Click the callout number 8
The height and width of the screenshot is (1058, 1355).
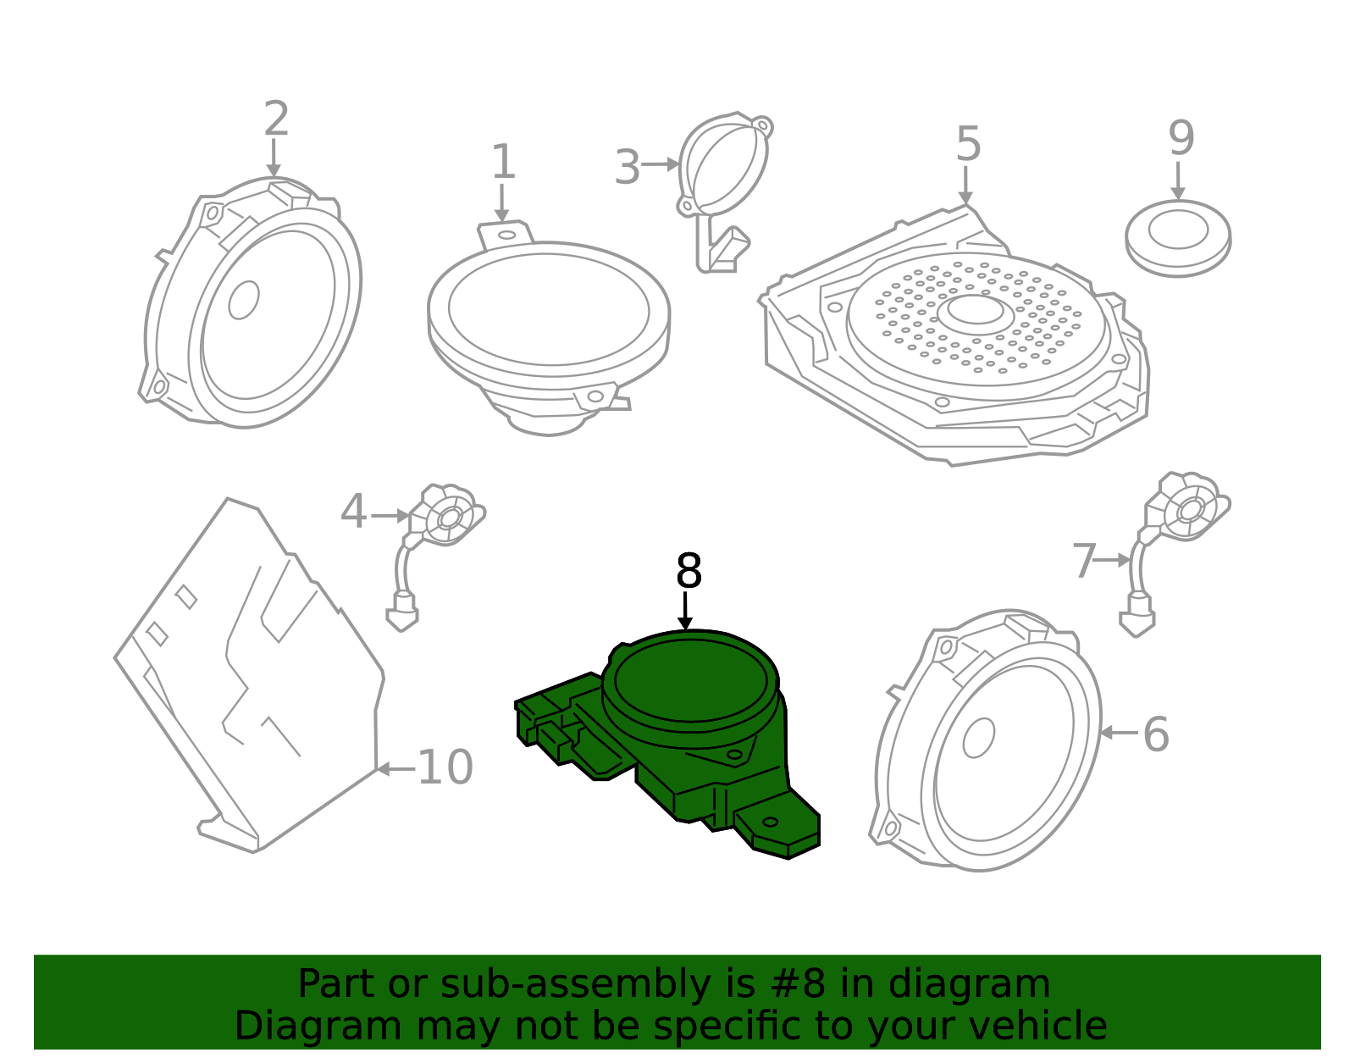[689, 570]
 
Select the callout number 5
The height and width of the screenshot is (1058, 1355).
[968, 144]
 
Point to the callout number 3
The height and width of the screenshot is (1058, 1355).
[628, 167]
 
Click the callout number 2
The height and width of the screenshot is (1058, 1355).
[276, 119]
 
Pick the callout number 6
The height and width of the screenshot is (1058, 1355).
[1155, 734]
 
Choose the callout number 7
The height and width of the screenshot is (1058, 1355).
[1084, 561]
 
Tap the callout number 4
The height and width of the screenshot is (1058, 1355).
[353, 512]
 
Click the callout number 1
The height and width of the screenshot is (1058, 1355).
[503, 162]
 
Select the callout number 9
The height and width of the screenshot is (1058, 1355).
[1181, 138]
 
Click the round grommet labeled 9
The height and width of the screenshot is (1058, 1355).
[1178, 238]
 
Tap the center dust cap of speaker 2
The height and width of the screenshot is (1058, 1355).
[244, 300]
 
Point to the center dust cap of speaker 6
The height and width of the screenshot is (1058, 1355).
[978, 738]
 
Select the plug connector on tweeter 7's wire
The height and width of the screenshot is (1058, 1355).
[1137, 617]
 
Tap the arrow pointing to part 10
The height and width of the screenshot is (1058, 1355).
[396, 768]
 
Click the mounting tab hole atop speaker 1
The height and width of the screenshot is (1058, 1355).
[506, 235]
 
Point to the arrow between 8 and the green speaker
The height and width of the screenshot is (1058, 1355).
[684, 611]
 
